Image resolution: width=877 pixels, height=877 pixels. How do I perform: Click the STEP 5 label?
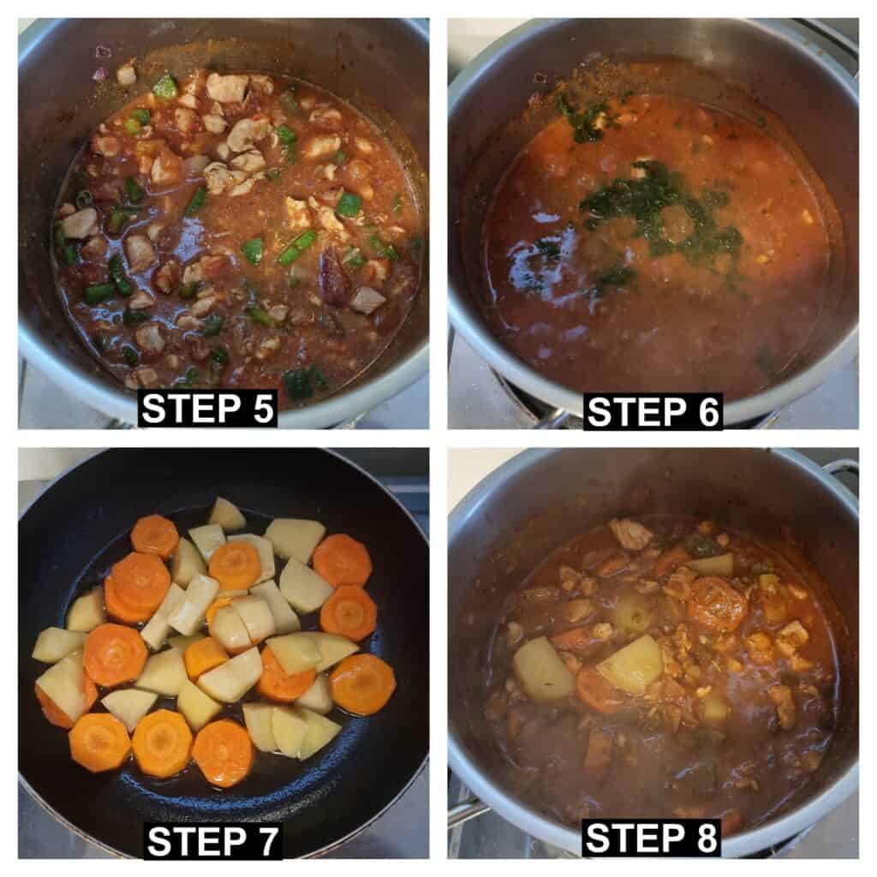coord(207,409)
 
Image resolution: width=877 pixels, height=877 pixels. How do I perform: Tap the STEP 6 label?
coord(653,412)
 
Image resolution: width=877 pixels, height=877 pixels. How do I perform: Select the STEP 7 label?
coord(212,841)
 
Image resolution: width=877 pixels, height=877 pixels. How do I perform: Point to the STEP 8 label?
coord(651,838)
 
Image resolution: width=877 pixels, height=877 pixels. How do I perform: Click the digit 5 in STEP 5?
coord(263,409)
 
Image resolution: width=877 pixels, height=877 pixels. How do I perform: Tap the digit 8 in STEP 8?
coord(707,838)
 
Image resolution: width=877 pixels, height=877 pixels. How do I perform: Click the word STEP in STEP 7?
coord(195,841)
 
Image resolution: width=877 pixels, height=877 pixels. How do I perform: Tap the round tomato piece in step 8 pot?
coord(717,604)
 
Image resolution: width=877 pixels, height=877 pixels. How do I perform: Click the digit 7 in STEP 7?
coord(267,841)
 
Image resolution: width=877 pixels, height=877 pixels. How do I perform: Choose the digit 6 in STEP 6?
coord(708,412)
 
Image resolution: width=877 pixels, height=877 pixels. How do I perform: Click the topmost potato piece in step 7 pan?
coord(226,515)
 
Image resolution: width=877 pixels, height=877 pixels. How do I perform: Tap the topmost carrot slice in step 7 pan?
coord(155,536)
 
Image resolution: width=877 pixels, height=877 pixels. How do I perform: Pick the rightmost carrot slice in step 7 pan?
coord(363,684)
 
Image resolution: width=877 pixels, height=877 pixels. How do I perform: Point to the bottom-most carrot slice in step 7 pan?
coord(223,753)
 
